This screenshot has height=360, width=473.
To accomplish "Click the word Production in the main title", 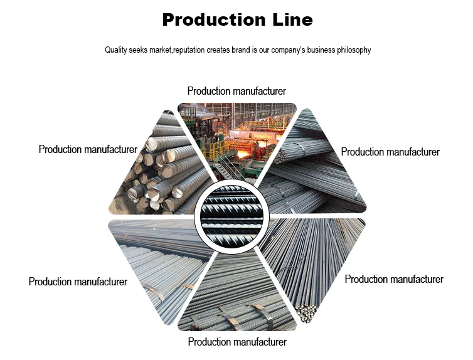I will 213,20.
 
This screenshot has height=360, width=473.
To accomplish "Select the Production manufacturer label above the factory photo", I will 236,92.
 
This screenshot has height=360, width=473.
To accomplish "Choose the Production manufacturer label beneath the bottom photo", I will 237,342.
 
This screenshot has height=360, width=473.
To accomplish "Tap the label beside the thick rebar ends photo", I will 88,149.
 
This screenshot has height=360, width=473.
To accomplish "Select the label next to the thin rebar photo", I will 394,279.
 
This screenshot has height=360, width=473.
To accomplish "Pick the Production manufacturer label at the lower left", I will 78,282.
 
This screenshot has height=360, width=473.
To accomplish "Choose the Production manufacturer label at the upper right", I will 390,152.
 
